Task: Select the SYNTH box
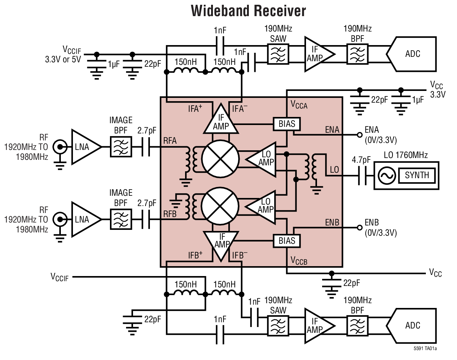[x=417, y=175]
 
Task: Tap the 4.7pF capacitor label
[x=361, y=160]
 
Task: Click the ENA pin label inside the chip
[x=332, y=129]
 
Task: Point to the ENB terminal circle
[x=360, y=228]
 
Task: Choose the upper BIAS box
[x=287, y=124]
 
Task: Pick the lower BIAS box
[x=287, y=241]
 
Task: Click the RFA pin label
[x=170, y=141]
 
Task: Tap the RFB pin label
[x=170, y=214]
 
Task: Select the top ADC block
[x=412, y=54]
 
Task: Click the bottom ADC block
[x=412, y=326]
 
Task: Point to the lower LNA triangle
[x=84, y=220]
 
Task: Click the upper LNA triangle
[x=84, y=147]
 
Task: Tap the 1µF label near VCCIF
[x=114, y=65]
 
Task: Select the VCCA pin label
[x=299, y=105]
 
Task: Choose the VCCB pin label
[x=299, y=261]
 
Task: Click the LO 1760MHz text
[x=406, y=155]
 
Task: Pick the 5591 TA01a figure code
[x=425, y=349]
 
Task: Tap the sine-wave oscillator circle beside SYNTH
[x=386, y=176]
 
